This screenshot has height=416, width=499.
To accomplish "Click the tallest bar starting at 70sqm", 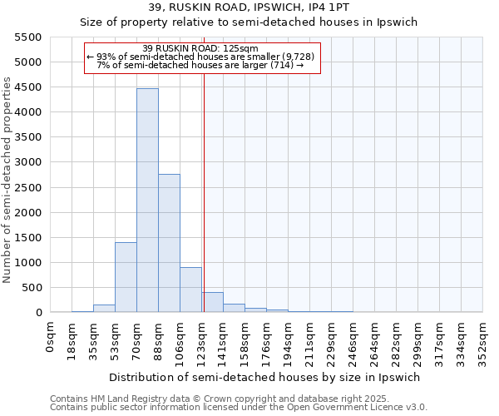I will pos(147,200).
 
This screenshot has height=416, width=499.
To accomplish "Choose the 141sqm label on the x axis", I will pos(224,336).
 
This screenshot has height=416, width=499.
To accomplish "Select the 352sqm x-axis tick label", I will pos(483,336).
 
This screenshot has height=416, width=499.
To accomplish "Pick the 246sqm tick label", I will pos(353,336).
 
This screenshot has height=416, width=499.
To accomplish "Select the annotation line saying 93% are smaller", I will pos(202,57).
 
